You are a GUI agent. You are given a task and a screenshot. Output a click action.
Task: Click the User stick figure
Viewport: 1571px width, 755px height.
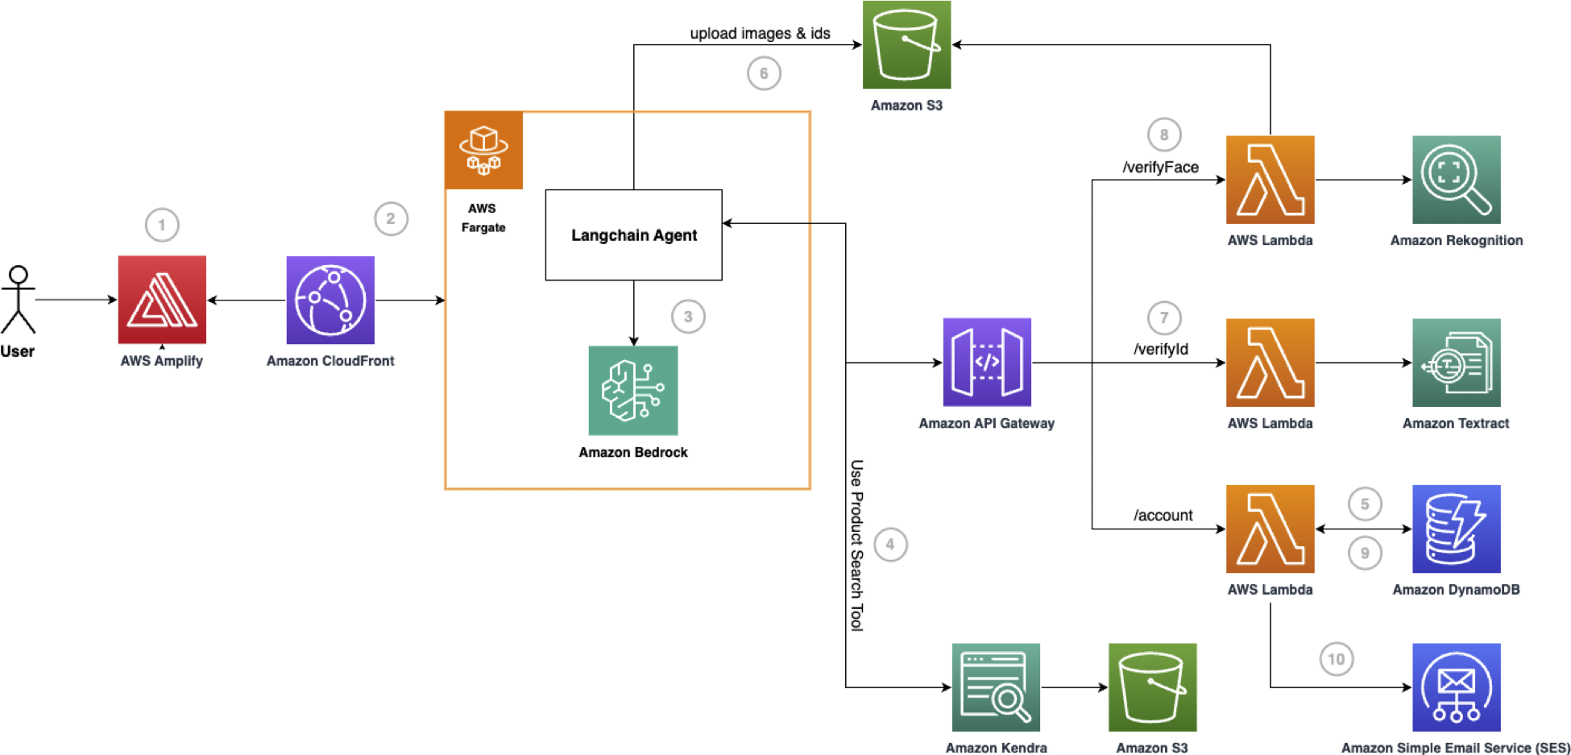[18, 300]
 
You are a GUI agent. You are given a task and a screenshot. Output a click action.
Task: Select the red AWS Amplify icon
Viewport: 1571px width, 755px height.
[162, 300]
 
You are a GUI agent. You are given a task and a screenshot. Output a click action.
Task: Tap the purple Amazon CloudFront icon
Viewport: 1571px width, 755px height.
[330, 300]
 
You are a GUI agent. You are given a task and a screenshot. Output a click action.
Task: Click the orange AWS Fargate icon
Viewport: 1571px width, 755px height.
[483, 151]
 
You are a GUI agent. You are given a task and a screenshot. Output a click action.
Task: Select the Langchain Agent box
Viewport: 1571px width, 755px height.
[633, 235]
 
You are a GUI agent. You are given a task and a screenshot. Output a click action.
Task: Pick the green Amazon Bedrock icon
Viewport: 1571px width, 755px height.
[633, 391]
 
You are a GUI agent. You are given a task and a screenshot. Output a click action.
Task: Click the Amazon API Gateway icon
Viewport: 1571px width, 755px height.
[987, 362]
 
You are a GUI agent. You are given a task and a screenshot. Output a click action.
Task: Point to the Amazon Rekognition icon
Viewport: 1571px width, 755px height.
[1456, 180]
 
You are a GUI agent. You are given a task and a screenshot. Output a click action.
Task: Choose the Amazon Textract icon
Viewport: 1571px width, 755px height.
[1456, 363]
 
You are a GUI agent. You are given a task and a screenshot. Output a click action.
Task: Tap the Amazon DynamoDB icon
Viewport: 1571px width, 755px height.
[1456, 529]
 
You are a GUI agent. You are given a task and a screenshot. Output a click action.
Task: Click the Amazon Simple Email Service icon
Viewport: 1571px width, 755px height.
[1456, 687]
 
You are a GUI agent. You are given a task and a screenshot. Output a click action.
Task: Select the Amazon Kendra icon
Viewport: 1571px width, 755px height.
[996, 687]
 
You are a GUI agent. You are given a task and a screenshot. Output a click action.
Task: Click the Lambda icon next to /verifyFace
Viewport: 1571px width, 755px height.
[1270, 180]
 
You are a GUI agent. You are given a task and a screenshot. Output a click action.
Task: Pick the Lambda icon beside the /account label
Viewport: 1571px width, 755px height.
[1270, 529]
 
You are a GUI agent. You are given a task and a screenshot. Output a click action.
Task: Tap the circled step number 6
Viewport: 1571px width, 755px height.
[764, 73]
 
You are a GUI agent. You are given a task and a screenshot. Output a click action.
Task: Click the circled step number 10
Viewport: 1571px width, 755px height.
[1336, 659]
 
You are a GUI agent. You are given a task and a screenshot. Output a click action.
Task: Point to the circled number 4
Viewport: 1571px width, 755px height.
[890, 545]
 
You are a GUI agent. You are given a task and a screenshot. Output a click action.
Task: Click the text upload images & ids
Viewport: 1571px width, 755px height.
[760, 33]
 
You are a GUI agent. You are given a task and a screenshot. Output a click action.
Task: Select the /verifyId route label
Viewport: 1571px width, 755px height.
[1161, 349]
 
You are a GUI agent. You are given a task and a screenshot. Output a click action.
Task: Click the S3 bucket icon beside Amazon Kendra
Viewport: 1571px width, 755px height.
[1152, 687]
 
